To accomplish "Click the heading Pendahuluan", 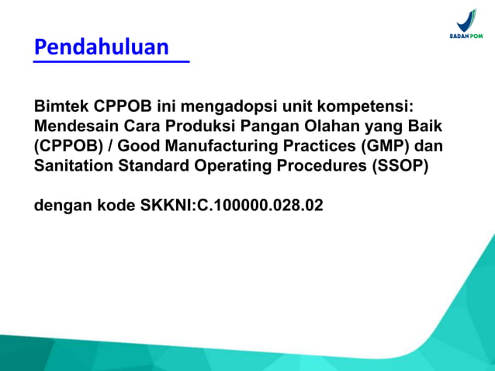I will click(x=102, y=47).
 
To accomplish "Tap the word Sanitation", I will click(x=72, y=166).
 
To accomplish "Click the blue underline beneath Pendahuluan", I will click(x=111, y=61).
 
